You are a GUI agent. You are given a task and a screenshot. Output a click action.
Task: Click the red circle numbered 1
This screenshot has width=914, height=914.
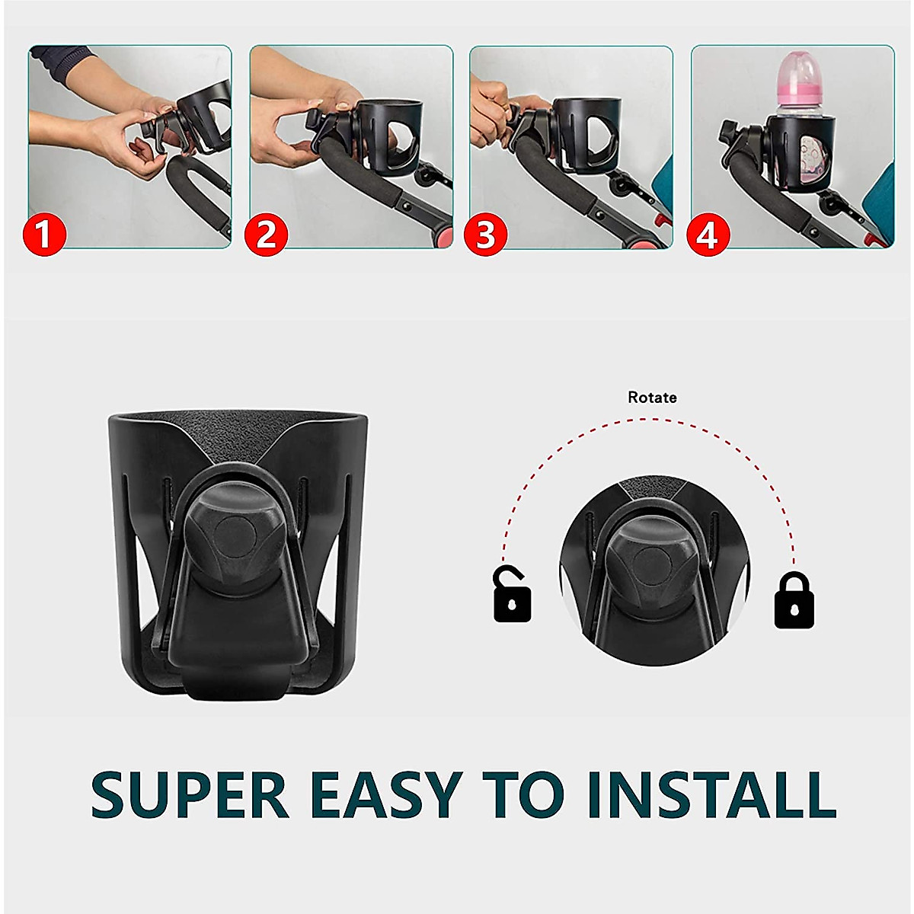(45, 234)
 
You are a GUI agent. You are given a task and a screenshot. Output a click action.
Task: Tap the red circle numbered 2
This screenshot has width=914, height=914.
(266, 234)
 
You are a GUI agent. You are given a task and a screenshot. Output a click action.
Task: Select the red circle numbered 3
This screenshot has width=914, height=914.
(486, 234)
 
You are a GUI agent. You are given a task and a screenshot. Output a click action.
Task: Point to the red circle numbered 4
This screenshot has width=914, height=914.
(708, 234)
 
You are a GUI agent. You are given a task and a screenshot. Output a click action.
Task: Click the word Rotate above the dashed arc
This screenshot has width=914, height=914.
(652, 397)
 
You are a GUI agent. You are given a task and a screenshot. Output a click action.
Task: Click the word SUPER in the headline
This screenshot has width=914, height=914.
(190, 794)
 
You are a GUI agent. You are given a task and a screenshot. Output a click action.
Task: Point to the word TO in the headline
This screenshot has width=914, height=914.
(526, 794)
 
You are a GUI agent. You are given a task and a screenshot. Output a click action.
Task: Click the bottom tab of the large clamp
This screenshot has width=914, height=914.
(236, 685)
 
